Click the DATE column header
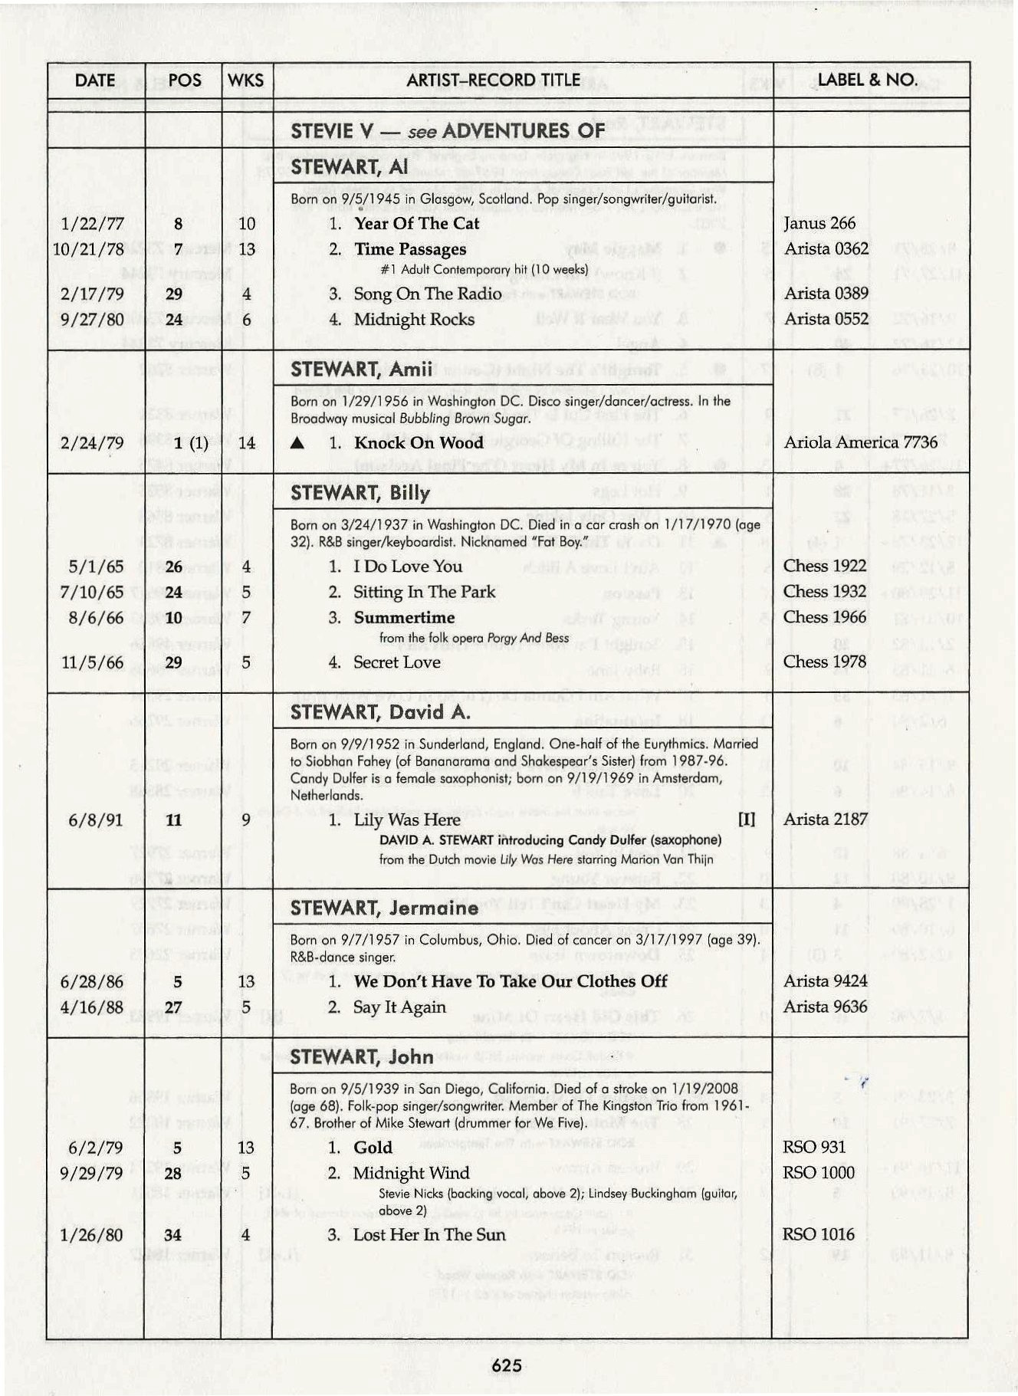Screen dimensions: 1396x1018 (95, 80)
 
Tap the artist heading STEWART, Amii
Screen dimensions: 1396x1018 (362, 370)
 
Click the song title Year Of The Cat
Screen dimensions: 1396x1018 (416, 224)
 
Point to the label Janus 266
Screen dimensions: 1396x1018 (819, 224)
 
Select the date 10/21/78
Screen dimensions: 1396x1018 (88, 249)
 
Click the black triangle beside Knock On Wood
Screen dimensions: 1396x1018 (299, 444)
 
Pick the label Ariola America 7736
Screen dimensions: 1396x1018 (860, 443)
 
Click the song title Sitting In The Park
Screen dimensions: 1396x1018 (424, 593)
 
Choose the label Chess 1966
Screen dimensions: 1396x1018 (825, 617)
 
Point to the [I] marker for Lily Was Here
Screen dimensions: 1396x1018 (746, 820)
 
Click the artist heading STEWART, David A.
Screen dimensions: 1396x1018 (380, 713)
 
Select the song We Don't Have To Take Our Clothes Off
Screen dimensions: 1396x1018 (510, 982)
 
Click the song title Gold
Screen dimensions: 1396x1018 (373, 1148)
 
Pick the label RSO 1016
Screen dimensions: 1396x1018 (818, 1234)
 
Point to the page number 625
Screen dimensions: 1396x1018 (507, 1365)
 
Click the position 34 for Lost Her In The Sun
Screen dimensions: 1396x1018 (172, 1235)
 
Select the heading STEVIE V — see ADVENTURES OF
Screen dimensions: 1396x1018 (447, 131)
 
